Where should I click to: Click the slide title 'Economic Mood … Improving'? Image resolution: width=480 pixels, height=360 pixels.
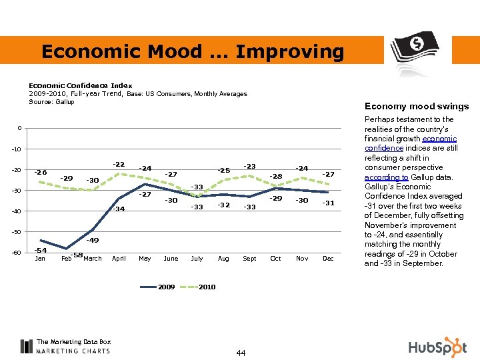click(x=193, y=51)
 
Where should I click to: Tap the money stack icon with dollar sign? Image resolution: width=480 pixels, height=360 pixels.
click(x=415, y=50)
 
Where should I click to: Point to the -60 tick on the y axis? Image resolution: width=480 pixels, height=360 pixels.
click(x=15, y=253)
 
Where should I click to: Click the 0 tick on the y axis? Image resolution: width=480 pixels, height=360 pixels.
click(x=19, y=128)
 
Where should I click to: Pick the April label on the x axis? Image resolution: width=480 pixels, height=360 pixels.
click(x=119, y=258)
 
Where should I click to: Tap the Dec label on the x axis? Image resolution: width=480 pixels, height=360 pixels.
click(x=327, y=258)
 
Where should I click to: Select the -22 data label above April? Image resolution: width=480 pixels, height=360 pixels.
click(x=119, y=164)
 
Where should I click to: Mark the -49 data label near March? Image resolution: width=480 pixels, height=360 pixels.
click(x=93, y=240)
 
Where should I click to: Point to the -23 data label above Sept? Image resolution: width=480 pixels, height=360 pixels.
click(x=249, y=166)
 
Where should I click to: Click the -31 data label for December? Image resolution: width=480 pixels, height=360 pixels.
click(x=328, y=203)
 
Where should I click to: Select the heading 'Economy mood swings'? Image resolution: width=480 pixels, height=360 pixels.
click(x=416, y=106)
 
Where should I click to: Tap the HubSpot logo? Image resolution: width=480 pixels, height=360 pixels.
click(x=437, y=347)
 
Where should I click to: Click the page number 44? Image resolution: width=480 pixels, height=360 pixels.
click(x=240, y=352)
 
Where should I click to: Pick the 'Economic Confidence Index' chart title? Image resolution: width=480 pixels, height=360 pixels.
click(x=80, y=85)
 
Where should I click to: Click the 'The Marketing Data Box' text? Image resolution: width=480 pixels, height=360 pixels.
click(x=73, y=341)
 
